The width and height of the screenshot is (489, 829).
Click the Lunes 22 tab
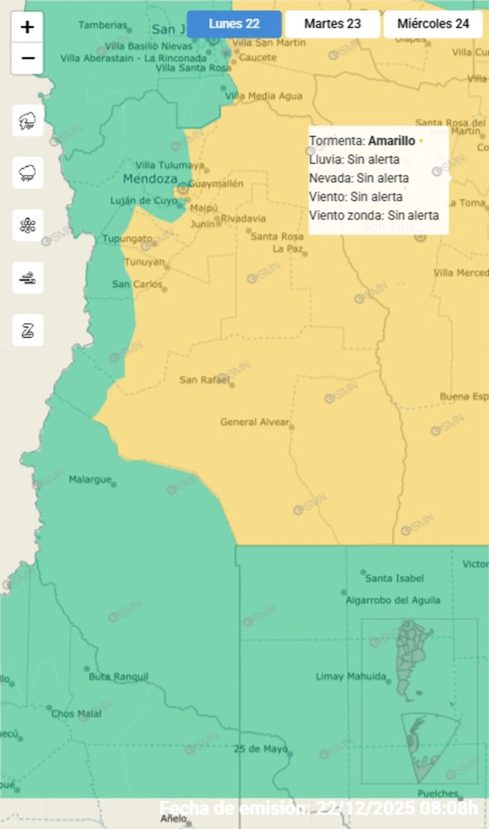[234, 24]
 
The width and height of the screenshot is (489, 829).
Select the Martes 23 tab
[332, 24]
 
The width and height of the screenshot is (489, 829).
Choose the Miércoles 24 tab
[433, 24]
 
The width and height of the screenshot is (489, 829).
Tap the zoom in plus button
[27, 27]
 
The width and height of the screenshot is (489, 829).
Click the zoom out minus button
[27, 58]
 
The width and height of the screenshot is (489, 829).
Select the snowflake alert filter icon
[28, 225]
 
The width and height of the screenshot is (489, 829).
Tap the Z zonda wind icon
[28, 330]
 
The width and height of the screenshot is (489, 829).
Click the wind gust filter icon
[28, 278]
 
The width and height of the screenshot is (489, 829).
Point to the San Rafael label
[205, 380]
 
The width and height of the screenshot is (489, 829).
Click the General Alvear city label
[255, 422]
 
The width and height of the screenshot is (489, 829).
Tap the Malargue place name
[90, 479]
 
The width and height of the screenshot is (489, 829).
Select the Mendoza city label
[150, 179]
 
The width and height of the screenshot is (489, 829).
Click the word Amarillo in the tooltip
[391, 141]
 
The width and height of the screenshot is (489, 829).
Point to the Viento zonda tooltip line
[374, 215]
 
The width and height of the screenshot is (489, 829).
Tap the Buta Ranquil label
[118, 677]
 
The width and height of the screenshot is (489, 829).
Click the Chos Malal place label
[76, 714]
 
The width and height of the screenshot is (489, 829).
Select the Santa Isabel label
[394, 578]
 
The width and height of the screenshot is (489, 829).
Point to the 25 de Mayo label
[260, 749]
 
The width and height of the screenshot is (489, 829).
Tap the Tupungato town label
[127, 238]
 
